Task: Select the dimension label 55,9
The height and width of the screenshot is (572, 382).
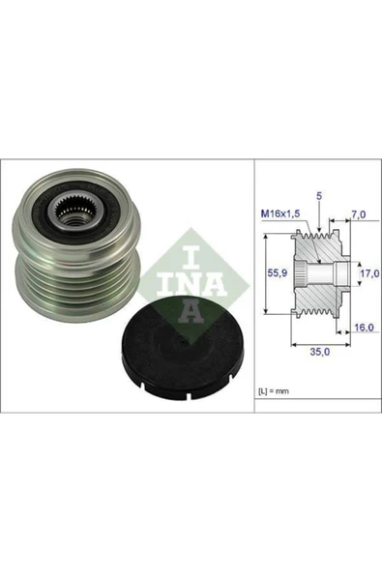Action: pos(276,273)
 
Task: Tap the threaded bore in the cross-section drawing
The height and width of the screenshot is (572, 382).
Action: pos(306,274)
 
